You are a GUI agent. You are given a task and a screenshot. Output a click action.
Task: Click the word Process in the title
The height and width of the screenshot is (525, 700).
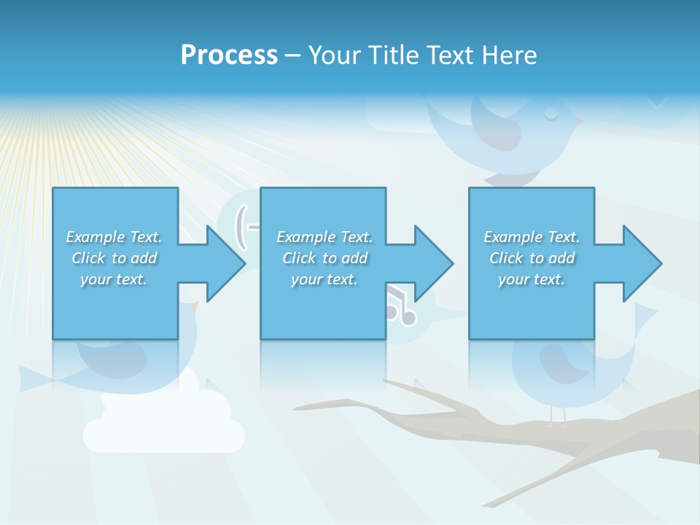229,55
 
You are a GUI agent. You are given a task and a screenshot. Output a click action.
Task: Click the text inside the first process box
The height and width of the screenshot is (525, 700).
114,258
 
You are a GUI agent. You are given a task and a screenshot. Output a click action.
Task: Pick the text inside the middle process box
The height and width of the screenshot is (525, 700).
324,258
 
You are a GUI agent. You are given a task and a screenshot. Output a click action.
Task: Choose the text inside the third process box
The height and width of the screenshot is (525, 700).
532,258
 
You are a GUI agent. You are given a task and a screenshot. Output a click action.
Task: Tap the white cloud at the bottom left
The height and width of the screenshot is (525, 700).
164,430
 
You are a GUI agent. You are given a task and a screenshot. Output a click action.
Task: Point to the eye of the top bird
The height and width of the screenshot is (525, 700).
551,113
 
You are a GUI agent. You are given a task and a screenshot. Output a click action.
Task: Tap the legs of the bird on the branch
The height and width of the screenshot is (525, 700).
558,416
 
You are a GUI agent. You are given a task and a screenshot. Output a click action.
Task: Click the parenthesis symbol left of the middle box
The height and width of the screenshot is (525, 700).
241,226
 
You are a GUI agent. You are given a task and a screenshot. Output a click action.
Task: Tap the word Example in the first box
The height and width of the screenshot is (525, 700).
95,237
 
